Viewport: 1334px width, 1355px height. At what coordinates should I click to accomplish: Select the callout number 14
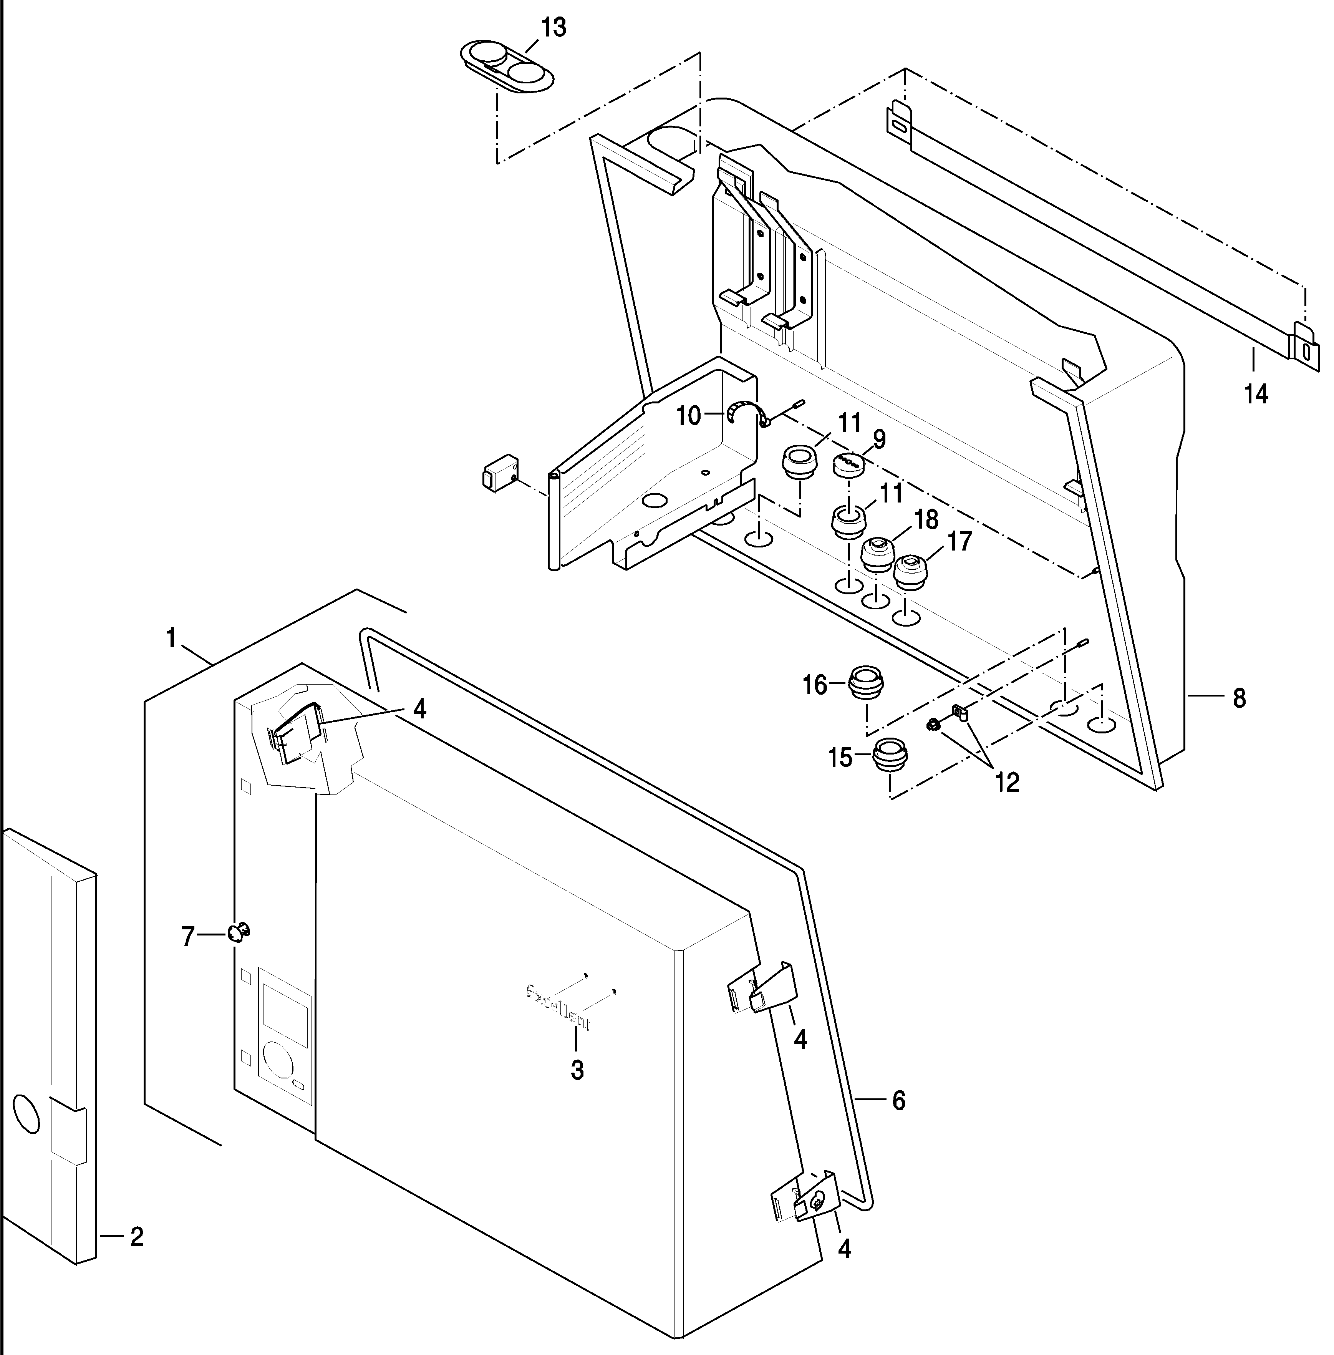click(x=1256, y=395)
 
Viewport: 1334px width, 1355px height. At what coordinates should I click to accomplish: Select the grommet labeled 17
click(x=911, y=572)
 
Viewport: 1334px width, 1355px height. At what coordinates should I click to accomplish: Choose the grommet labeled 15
click(x=890, y=757)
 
